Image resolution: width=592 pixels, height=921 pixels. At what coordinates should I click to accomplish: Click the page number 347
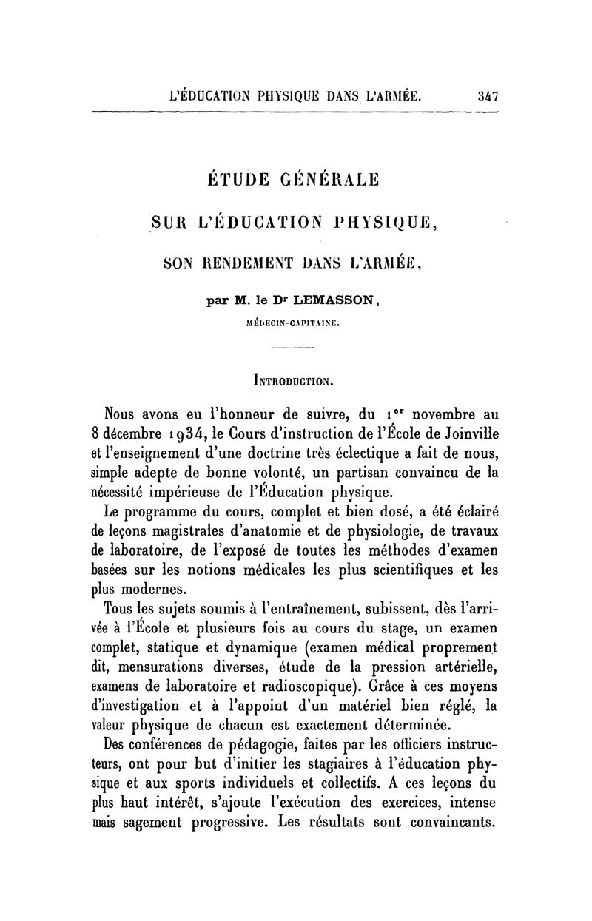pos(485,95)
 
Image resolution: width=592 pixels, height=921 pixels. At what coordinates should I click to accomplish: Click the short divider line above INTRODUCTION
pos(294,348)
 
